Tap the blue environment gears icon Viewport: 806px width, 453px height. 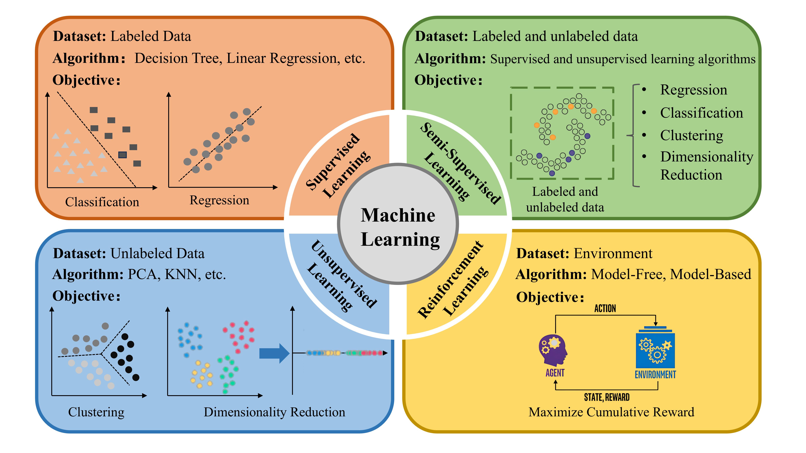pos(656,350)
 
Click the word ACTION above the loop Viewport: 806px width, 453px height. pos(605,309)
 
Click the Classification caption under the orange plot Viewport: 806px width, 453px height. pos(102,202)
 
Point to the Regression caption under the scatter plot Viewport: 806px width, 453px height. pos(219,200)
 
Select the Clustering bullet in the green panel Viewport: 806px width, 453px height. pos(691,135)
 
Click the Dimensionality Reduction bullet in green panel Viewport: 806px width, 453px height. pos(707,166)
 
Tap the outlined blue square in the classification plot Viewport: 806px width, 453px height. pos(122,155)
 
